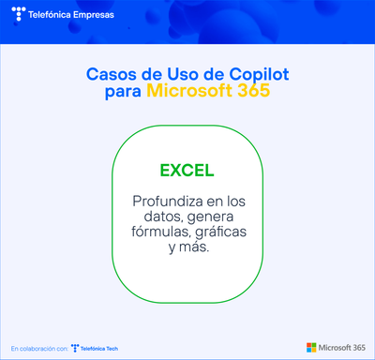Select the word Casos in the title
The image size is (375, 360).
(111, 73)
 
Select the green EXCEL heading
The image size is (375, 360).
(187, 171)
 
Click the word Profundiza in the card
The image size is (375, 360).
(168, 202)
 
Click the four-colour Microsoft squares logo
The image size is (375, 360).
(311, 348)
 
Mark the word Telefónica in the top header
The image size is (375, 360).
(55, 15)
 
